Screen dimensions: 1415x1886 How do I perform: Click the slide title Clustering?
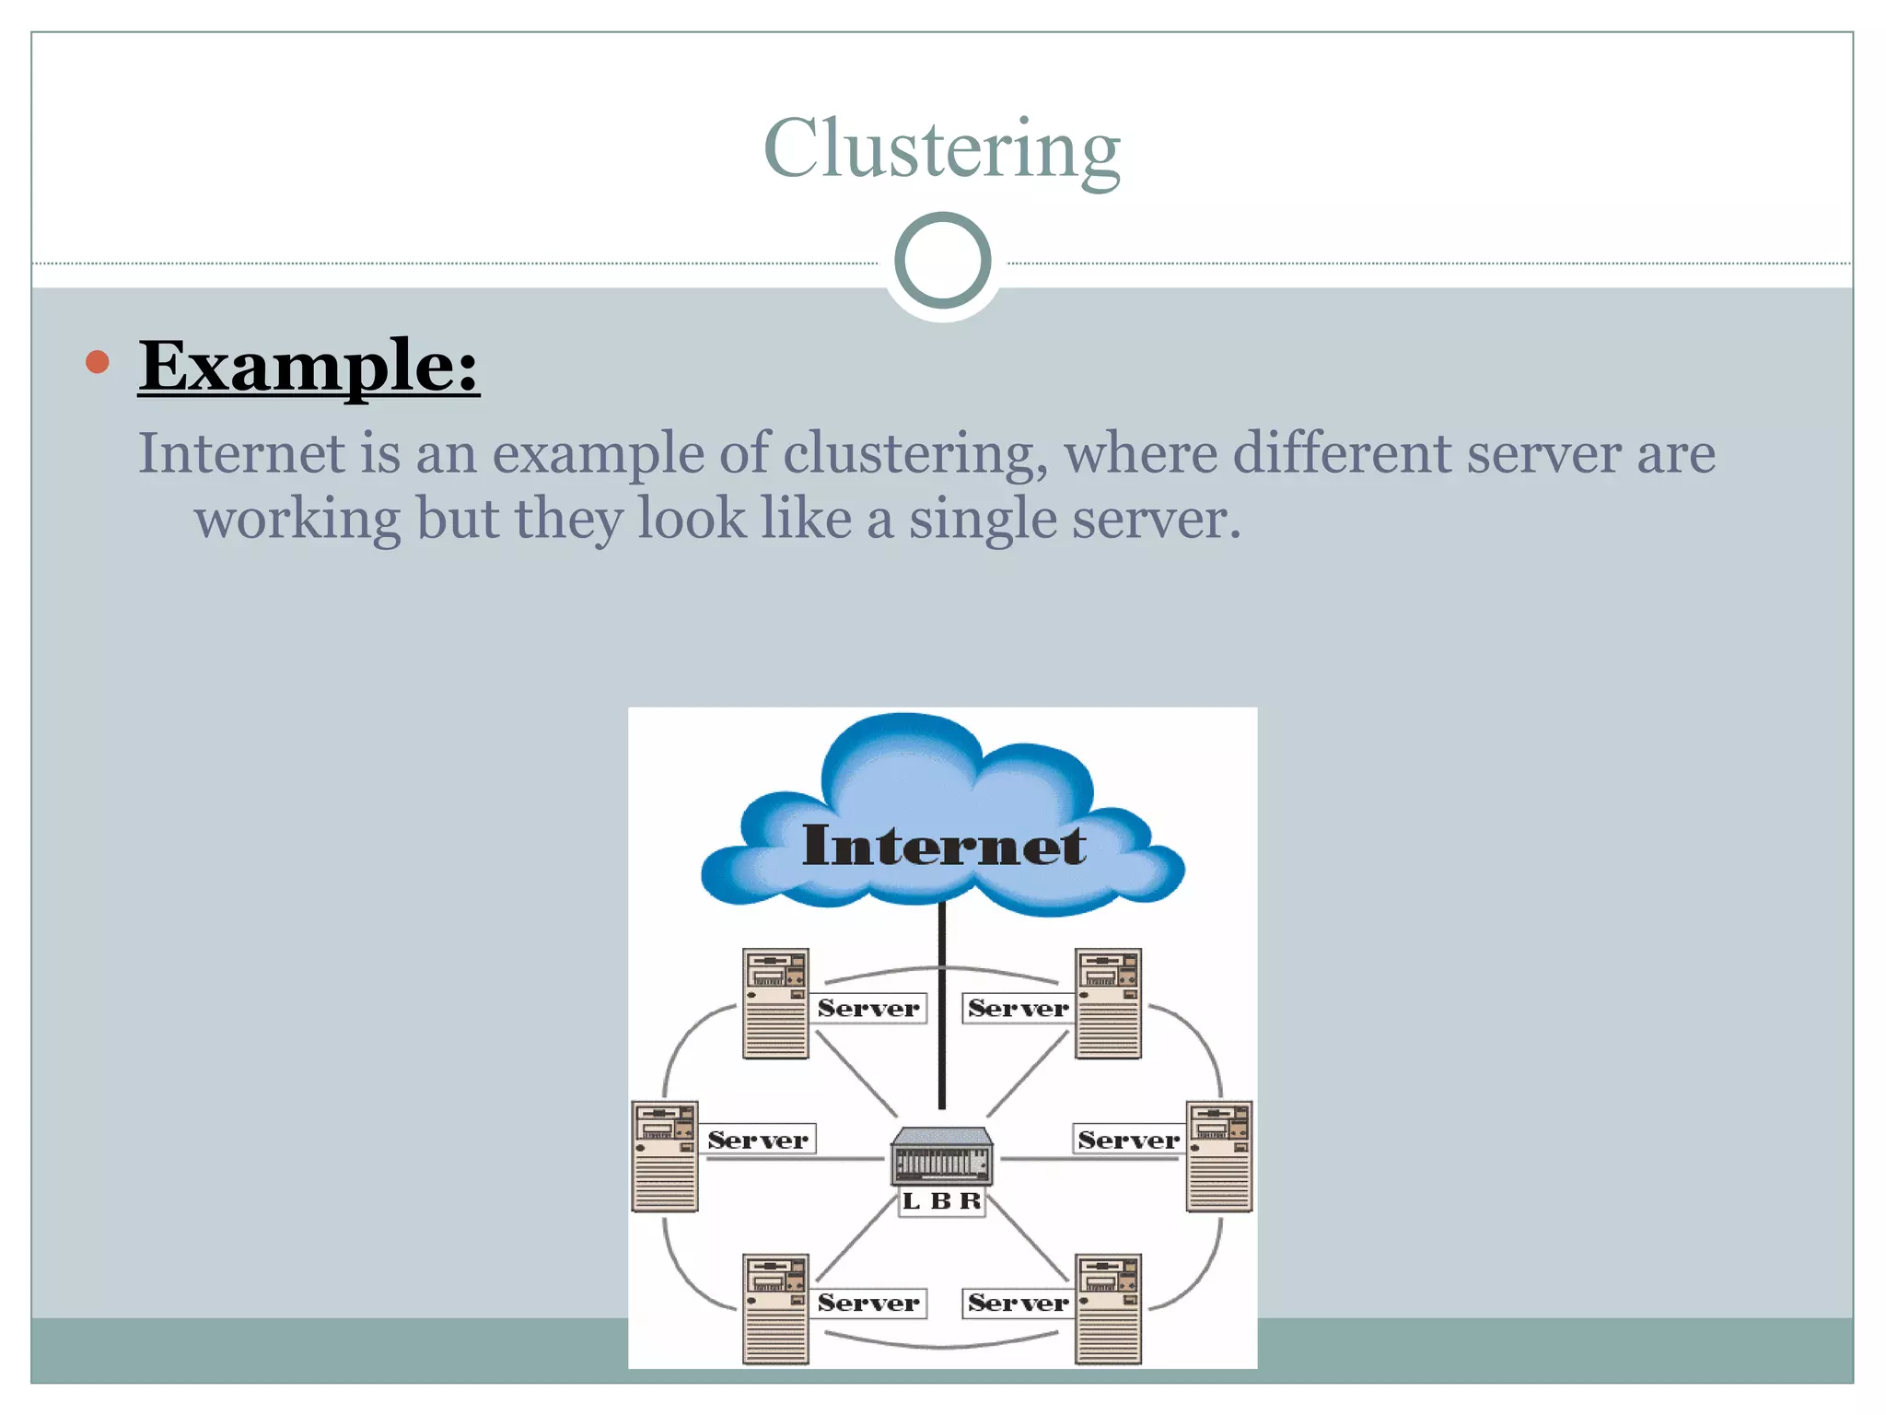coord(942,149)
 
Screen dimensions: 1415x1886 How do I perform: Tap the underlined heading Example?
coord(309,366)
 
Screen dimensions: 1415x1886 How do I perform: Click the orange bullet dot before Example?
coord(97,362)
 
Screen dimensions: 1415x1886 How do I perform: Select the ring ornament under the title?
coord(942,260)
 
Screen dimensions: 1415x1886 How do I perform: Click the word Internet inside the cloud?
coord(943,845)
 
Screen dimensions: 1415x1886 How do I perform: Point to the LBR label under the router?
coord(941,1201)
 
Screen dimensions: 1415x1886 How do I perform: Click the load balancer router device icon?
coord(942,1157)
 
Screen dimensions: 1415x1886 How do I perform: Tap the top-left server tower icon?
coord(775,1003)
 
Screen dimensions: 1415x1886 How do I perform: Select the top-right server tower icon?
coord(1109,1003)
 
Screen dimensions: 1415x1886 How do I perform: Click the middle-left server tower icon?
coord(665,1156)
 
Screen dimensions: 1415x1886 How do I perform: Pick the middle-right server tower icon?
coord(1219,1156)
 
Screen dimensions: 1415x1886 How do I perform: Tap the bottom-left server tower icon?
coord(775,1308)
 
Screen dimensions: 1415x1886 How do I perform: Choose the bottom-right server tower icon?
coord(1109,1308)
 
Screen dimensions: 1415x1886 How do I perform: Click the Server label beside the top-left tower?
coord(868,1008)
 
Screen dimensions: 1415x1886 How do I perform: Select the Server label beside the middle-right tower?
coord(1128,1140)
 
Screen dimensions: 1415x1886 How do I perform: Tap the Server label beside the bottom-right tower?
coord(1018,1303)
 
